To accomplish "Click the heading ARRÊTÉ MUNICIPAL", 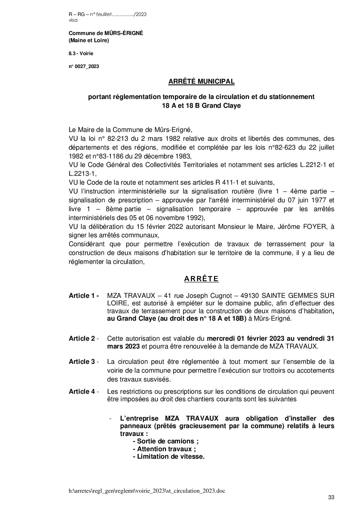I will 201,82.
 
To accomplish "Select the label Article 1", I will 83,296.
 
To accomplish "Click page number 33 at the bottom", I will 331,497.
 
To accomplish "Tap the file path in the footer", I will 147,491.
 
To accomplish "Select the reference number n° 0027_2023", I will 84,67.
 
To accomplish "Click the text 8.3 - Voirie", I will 81,53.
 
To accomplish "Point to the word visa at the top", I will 73,20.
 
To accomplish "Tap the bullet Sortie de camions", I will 166,441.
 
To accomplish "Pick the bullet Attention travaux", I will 164,449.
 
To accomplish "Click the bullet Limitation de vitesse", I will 168,457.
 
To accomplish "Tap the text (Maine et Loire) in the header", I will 89,40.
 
